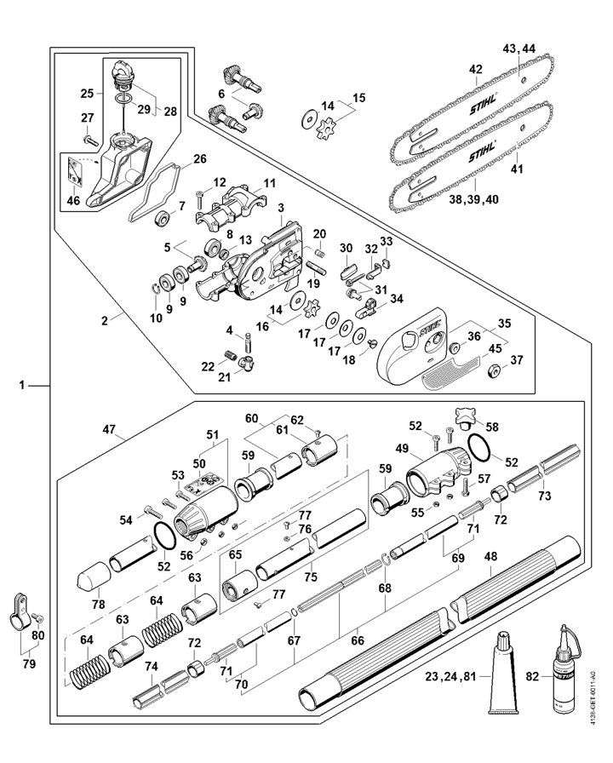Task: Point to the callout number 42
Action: (x=475, y=70)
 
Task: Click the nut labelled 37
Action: (x=494, y=372)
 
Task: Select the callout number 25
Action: (x=86, y=92)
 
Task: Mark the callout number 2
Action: (x=105, y=320)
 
